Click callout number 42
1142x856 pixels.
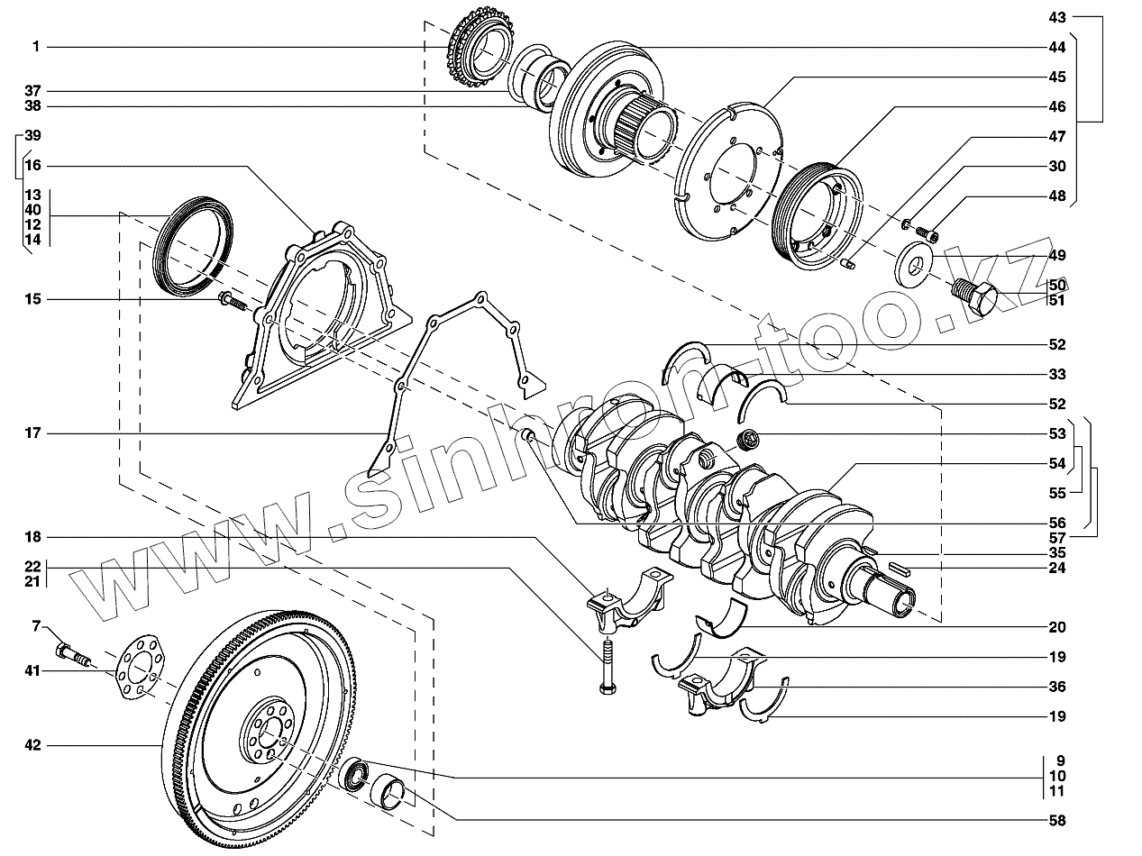(x=32, y=745)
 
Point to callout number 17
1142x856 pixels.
(x=32, y=434)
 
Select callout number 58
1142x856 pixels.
(x=1057, y=821)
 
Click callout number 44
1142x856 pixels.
(x=1057, y=47)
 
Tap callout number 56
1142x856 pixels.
(x=1057, y=523)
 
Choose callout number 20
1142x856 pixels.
(x=1057, y=627)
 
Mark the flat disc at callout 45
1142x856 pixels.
(x=730, y=176)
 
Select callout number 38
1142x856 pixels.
(x=32, y=106)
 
